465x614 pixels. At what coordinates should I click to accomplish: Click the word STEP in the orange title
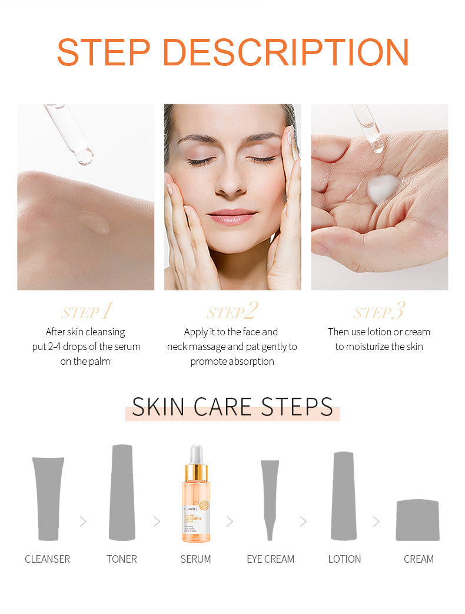tap(104, 52)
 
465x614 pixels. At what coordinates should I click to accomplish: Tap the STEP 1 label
tap(87, 311)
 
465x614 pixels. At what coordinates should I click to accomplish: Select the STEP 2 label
tap(232, 311)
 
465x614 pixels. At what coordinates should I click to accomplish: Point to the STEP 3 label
tap(380, 311)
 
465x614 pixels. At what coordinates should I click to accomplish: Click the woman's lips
tap(232, 217)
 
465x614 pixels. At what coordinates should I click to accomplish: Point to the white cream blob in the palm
tap(383, 188)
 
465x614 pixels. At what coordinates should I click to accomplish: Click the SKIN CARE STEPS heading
tap(232, 407)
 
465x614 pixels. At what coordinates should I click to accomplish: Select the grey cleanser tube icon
tap(48, 498)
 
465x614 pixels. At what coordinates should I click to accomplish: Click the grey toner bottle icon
tap(122, 492)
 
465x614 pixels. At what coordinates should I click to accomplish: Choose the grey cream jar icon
tap(418, 520)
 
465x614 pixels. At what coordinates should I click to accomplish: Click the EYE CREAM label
tap(270, 559)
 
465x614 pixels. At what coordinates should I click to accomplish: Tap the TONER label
tap(122, 559)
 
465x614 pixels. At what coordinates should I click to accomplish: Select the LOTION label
tap(344, 559)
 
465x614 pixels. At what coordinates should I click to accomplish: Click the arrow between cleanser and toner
tap(83, 521)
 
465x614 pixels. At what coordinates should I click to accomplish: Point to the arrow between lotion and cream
tap(376, 521)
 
